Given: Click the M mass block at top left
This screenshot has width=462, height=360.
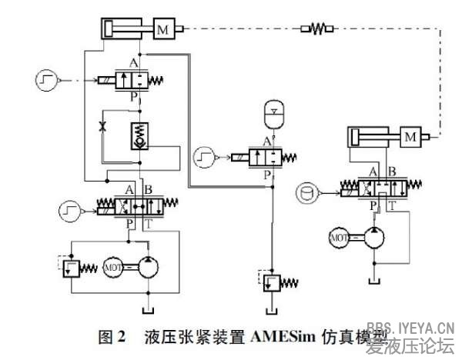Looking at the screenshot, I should (x=162, y=30).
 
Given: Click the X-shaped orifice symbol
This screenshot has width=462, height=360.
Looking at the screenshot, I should (x=104, y=125).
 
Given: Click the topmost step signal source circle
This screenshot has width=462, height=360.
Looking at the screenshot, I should (x=45, y=78).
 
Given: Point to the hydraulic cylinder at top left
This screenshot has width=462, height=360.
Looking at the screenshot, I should (x=125, y=30).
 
